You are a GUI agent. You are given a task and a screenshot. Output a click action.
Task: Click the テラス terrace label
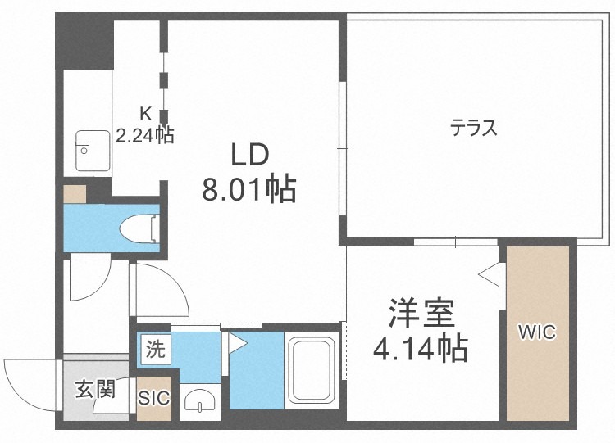(x=473, y=128)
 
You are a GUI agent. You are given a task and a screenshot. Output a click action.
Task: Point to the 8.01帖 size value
(x=248, y=190)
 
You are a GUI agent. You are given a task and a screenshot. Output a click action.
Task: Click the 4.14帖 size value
(x=421, y=349)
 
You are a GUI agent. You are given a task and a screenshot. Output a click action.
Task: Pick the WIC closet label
(x=537, y=332)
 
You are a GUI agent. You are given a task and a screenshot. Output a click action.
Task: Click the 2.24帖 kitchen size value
(x=144, y=135)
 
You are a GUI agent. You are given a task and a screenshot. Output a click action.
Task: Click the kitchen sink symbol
(x=88, y=150)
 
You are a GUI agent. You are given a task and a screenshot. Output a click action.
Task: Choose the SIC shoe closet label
(x=153, y=399)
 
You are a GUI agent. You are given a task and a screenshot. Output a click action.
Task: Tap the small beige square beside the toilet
(x=75, y=195)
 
